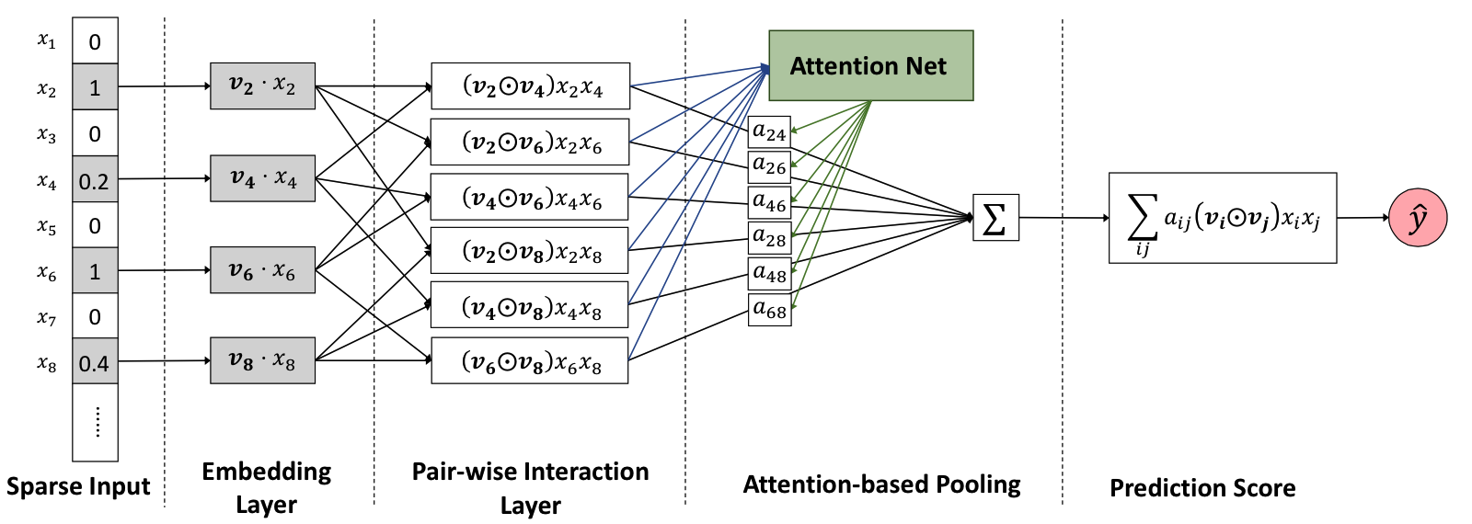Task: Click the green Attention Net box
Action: [870, 65]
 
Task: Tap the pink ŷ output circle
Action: [1418, 218]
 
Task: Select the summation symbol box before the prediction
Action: [995, 217]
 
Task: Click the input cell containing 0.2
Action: [96, 179]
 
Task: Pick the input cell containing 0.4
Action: [96, 361]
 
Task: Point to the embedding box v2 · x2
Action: [263, 86]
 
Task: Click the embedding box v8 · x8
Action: [263, 360]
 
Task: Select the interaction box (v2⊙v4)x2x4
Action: [530, 86]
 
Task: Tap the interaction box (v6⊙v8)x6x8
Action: [530, 360]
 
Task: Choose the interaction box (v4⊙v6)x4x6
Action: [530, 197]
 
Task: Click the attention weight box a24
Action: [769, 132]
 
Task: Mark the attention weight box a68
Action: [769, 309]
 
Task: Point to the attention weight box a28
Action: [769, 238]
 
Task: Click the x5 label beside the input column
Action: [47, 226]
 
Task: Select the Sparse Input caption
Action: [78, 486]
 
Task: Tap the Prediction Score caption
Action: [1202, 488]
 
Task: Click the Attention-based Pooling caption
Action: [882, 484]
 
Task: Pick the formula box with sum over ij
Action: [1223, 218]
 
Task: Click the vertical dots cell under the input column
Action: [96, 422]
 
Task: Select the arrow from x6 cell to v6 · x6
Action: [165, 270]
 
